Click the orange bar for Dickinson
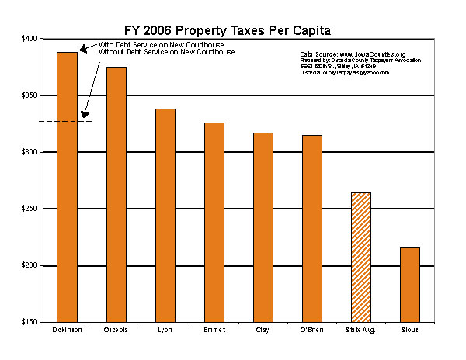68,186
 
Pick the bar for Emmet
214,222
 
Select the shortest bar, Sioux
410,284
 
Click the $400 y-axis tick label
29,38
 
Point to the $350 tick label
29,95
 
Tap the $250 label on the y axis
29,209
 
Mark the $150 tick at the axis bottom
29,322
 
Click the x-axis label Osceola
116,331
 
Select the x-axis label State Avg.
361,331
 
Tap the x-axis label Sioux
410,331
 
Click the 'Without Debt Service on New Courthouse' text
165,52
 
